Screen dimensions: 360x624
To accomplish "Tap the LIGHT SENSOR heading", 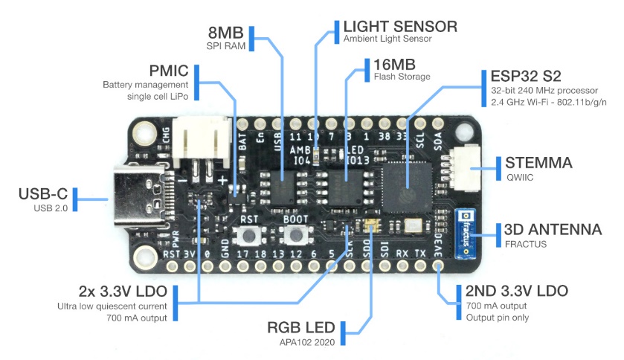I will [x=399, y=27].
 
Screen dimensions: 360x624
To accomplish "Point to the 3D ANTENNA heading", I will [x=553, y=230].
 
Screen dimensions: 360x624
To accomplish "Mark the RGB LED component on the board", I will [x=370, y=225].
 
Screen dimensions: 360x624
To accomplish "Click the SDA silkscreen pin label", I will [x=439, y=139].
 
